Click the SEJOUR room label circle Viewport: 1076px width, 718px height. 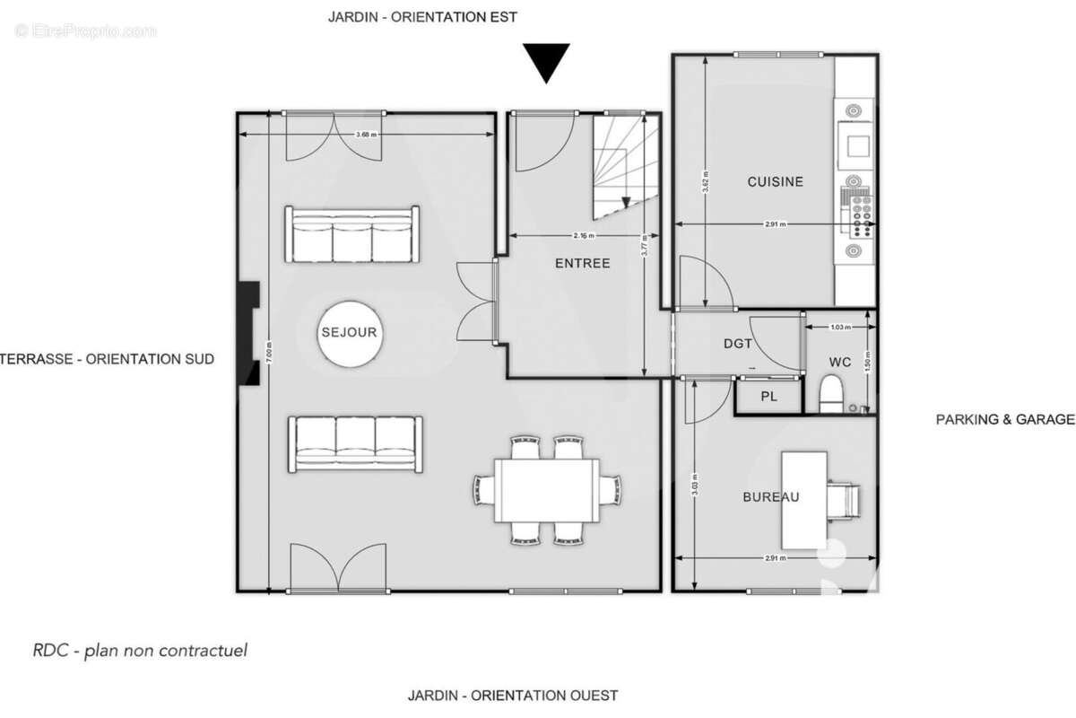349,332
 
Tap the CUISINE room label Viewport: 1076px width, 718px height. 776,181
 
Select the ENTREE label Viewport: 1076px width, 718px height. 582,263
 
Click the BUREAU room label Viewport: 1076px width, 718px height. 770,496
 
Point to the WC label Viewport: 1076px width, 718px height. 840,363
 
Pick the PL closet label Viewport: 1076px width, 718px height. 769,397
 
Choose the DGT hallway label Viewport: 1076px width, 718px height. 738,343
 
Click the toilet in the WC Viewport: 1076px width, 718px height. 833,392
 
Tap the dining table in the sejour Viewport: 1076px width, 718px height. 549,490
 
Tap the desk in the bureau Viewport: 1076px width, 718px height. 803,500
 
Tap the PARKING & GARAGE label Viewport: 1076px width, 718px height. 1004,419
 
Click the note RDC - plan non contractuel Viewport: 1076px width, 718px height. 139,651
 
